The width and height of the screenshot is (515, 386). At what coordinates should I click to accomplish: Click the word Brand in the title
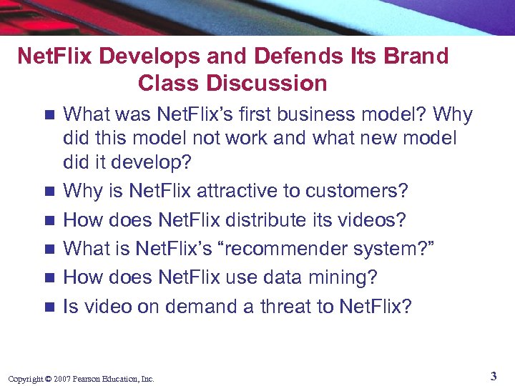coord(415,56)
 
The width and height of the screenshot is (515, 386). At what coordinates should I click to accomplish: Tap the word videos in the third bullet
coord(375,220)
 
